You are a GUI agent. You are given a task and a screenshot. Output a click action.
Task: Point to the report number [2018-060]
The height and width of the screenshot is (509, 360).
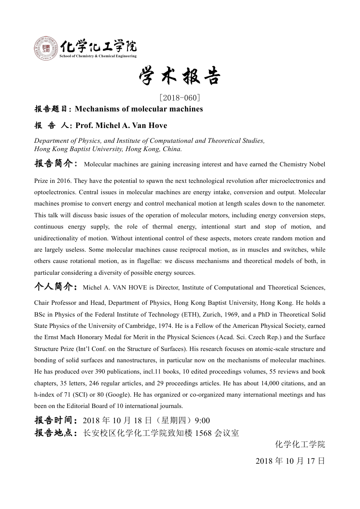(180, 98)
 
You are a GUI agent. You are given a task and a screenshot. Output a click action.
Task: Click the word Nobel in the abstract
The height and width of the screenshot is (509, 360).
(316, 165)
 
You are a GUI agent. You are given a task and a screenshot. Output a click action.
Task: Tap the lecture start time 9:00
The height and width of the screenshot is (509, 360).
(202, 420)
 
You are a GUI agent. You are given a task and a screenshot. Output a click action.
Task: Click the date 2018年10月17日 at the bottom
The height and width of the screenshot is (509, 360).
(290, 461)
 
